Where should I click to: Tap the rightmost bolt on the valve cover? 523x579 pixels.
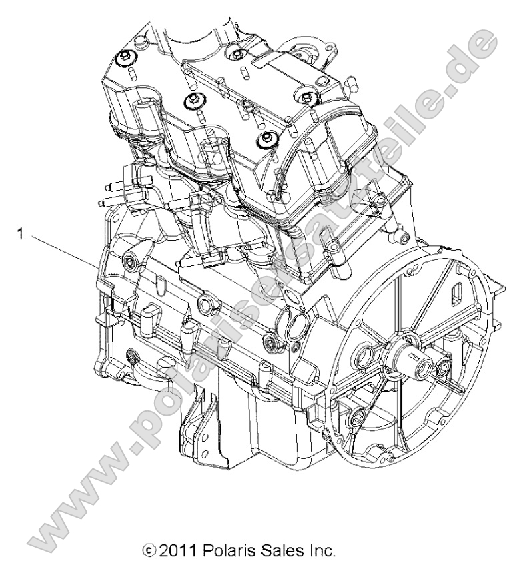coord(306,99)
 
